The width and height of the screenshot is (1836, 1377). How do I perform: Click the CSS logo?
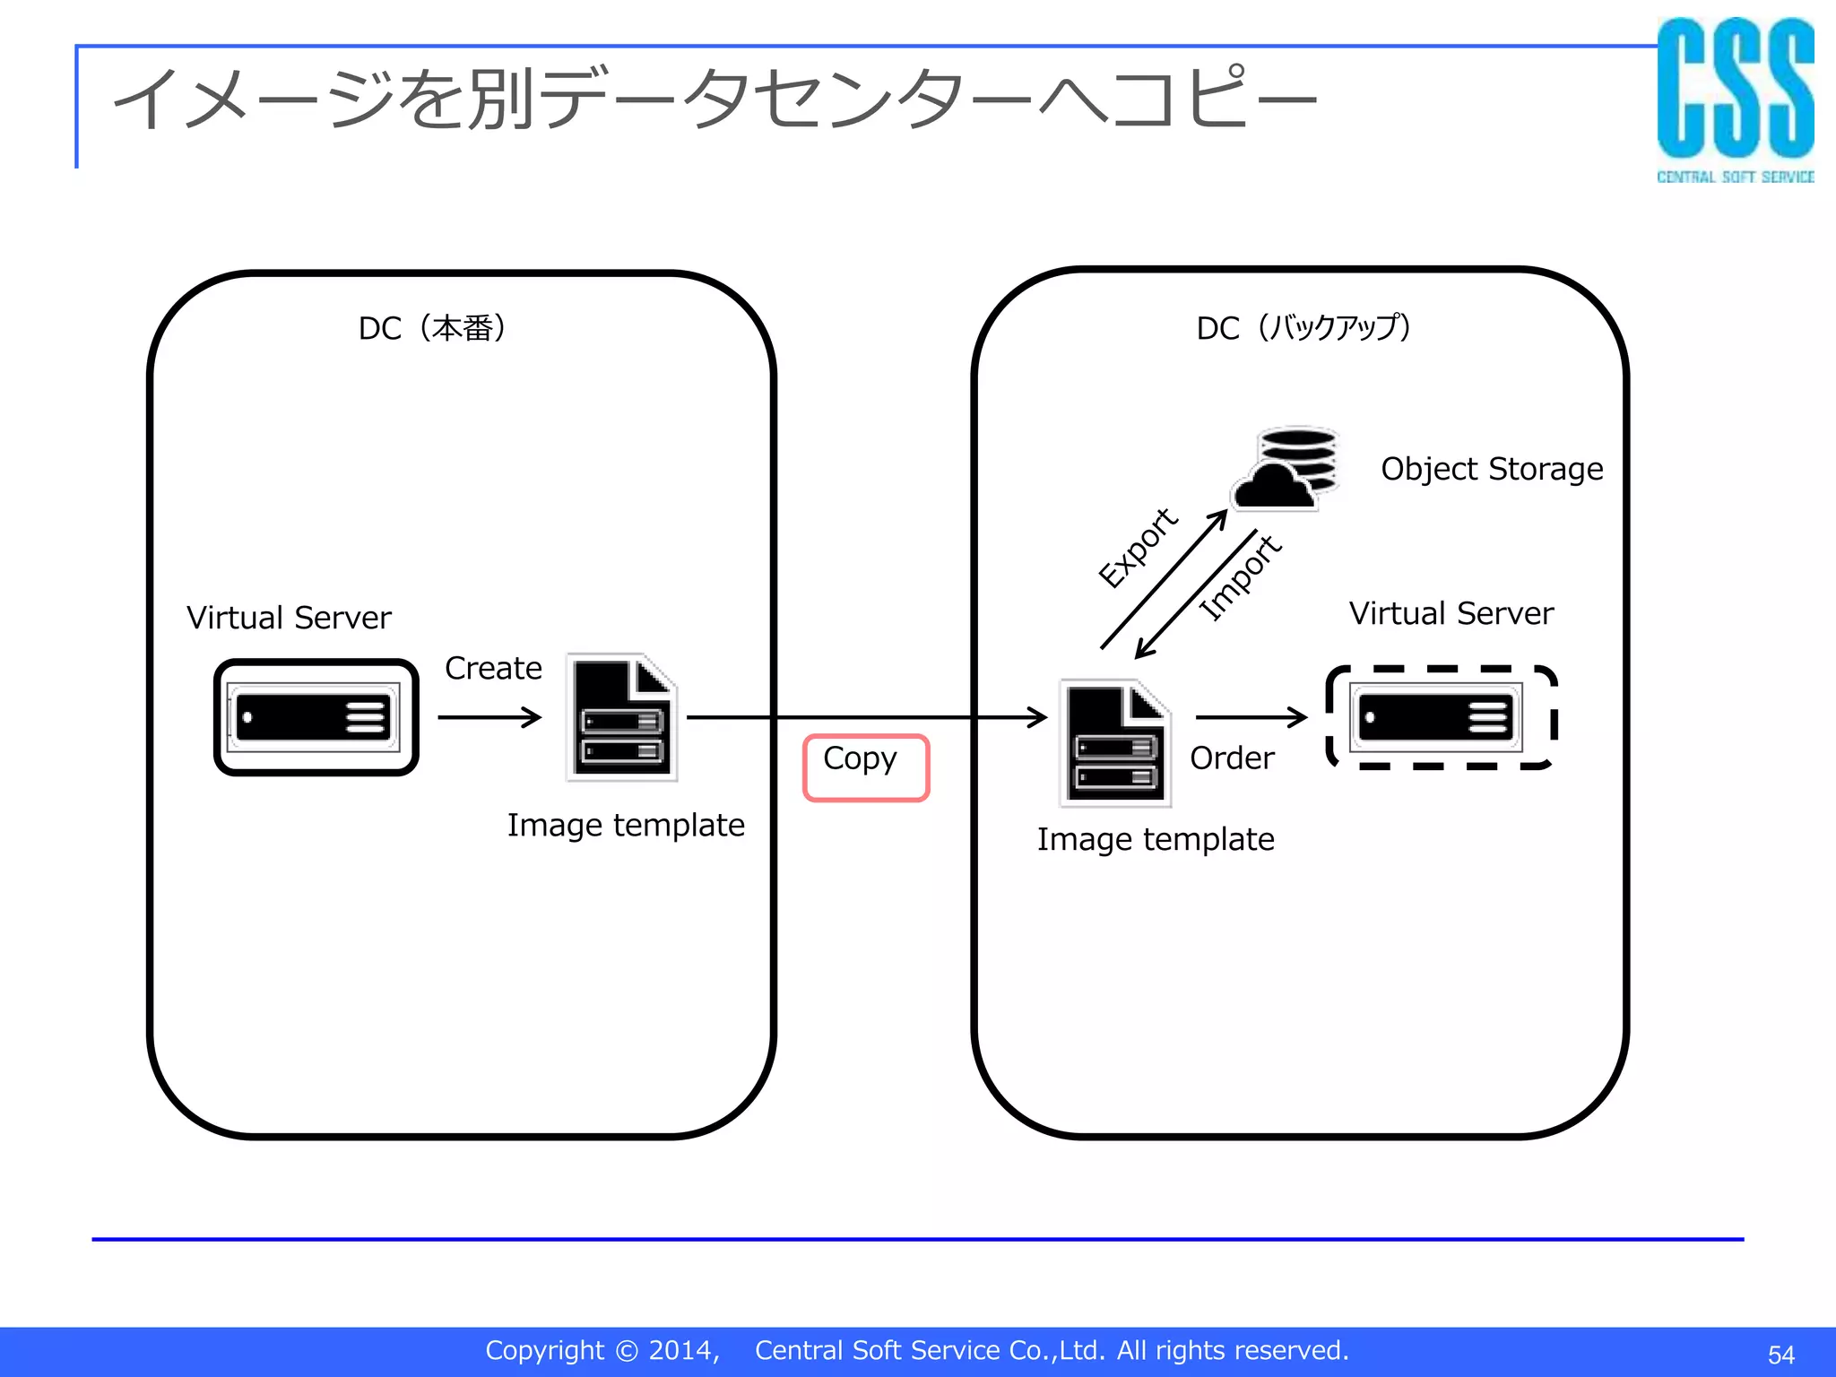pyautogui.click(x=1735, y=99)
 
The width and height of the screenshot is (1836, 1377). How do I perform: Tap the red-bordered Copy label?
pyautogui.click(x=865, y=766)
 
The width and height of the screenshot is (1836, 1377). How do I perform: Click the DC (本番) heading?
pyautogui.click(x=432, y=328)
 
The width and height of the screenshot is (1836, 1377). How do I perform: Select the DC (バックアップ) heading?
pyautogui.click(x=1303, y=327)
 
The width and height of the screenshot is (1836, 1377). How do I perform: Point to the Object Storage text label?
pyautogui.click(x=1492, y=469)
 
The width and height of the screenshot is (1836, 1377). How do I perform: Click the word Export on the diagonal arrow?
pyautogui.click(x=1138, y=548)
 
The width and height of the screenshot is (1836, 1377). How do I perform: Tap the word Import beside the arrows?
pyautogui.click(x=1241, y=577)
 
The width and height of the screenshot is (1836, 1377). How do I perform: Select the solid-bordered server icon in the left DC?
pyautogui.click(x=316, y=717)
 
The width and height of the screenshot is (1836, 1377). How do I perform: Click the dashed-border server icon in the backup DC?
pyautogui.click(x=1441, y=717)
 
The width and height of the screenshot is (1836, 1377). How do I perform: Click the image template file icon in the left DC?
pyautogui.click(x=622, y=717)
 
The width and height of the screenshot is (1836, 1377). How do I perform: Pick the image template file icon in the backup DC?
pyautogui.click(x=1116, y=743)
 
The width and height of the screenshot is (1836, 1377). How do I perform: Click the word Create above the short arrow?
pyautogui.click(x=493, y=668)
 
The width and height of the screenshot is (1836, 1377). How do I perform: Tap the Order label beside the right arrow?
pyautogui.click(x=1232, y=758)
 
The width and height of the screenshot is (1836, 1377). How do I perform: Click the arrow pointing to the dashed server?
pyautogui.click(x=1251, y=717)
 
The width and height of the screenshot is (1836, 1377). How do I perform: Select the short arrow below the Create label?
pyautogui.click(x=489, y=717)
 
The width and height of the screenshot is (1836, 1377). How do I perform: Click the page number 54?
pyautogui.click(x=1780, y=1355)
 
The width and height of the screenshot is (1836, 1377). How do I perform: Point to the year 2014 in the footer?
pyautogui.click(x=682, y=1350)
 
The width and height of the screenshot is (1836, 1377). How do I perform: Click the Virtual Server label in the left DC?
pyautogui.click(x=289, y=618)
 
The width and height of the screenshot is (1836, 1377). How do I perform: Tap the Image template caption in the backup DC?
pyautogui.click(x=1156, y=839)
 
